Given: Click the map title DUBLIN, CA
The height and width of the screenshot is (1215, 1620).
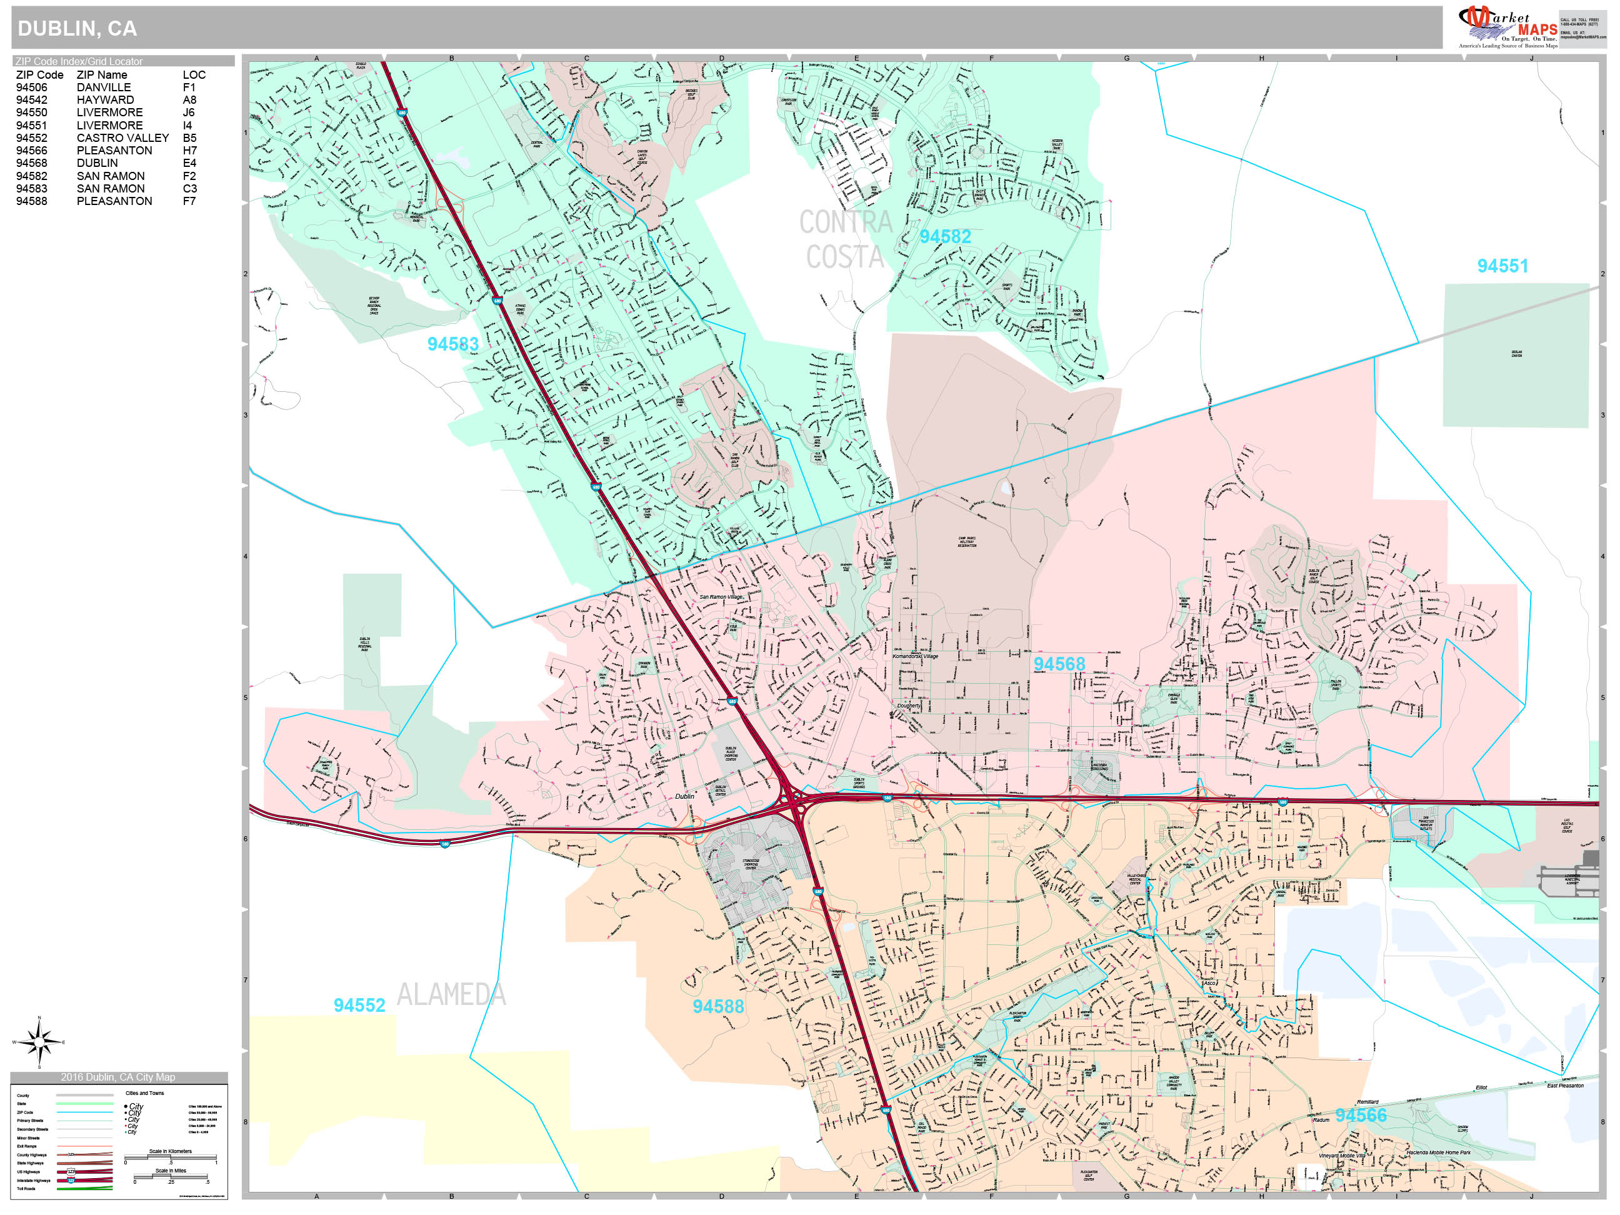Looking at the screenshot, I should click(77, 29).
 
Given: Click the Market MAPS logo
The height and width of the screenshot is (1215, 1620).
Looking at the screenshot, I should click(1507, 26).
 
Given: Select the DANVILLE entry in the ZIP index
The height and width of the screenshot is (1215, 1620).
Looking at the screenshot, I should click(103, 87).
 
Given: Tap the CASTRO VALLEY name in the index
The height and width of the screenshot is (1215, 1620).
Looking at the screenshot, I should click(122, 137).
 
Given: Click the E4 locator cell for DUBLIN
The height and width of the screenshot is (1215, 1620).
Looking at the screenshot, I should click(189, 162).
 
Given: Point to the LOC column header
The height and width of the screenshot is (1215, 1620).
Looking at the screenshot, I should click(194, 75).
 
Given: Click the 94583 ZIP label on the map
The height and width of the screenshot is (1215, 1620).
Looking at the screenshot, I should click(452, 344).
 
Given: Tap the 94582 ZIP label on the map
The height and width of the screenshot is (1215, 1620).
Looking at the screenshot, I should click(945, 236).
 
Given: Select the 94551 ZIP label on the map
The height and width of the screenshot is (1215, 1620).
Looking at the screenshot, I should click(1502, 266).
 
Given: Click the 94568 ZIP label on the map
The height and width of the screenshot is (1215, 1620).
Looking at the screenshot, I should click(1059, 664).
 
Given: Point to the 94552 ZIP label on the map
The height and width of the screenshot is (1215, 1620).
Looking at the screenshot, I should click(359, 1006).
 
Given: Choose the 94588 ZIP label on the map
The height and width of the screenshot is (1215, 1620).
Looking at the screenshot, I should click(717, 1006).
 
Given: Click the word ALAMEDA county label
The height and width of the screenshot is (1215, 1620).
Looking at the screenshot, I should click(451, 994).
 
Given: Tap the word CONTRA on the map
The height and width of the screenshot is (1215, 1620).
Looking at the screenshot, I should click(845, 222).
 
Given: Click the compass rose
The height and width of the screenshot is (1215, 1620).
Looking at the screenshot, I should click(39, 1041).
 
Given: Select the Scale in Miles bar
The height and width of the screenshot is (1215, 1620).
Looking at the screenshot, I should click(171, 1177).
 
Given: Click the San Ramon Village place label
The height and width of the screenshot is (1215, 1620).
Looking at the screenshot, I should click(721, 597).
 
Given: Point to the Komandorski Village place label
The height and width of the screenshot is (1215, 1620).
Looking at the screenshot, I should click(915, 656).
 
